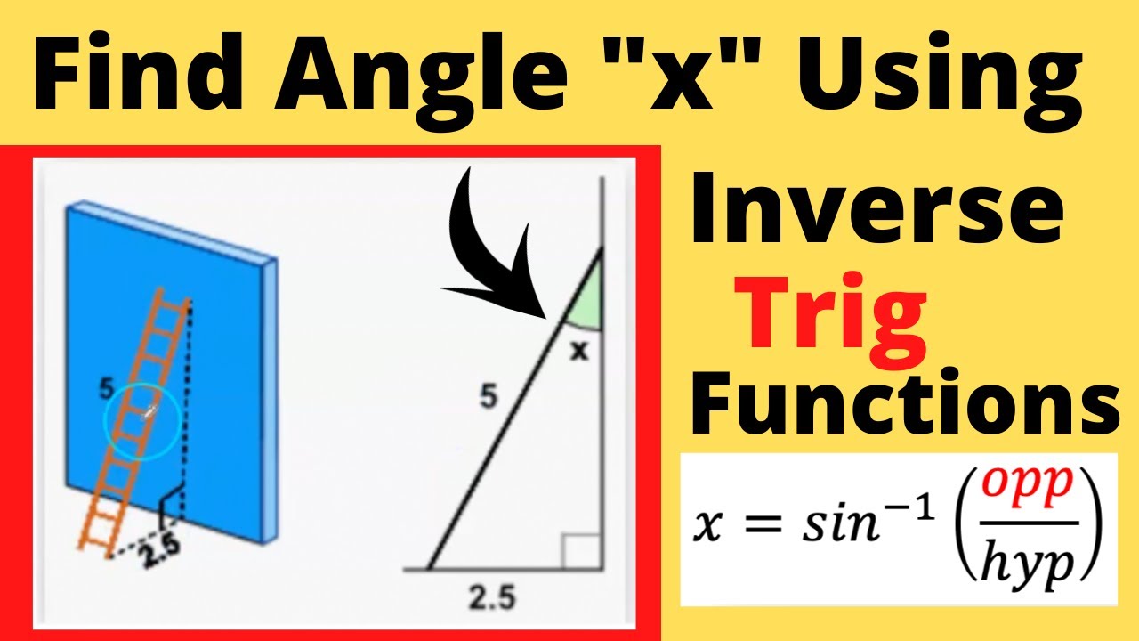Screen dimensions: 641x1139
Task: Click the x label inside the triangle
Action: [x=579, y=351]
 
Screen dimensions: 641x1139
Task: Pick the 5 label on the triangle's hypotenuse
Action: [x=489, y=398]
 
